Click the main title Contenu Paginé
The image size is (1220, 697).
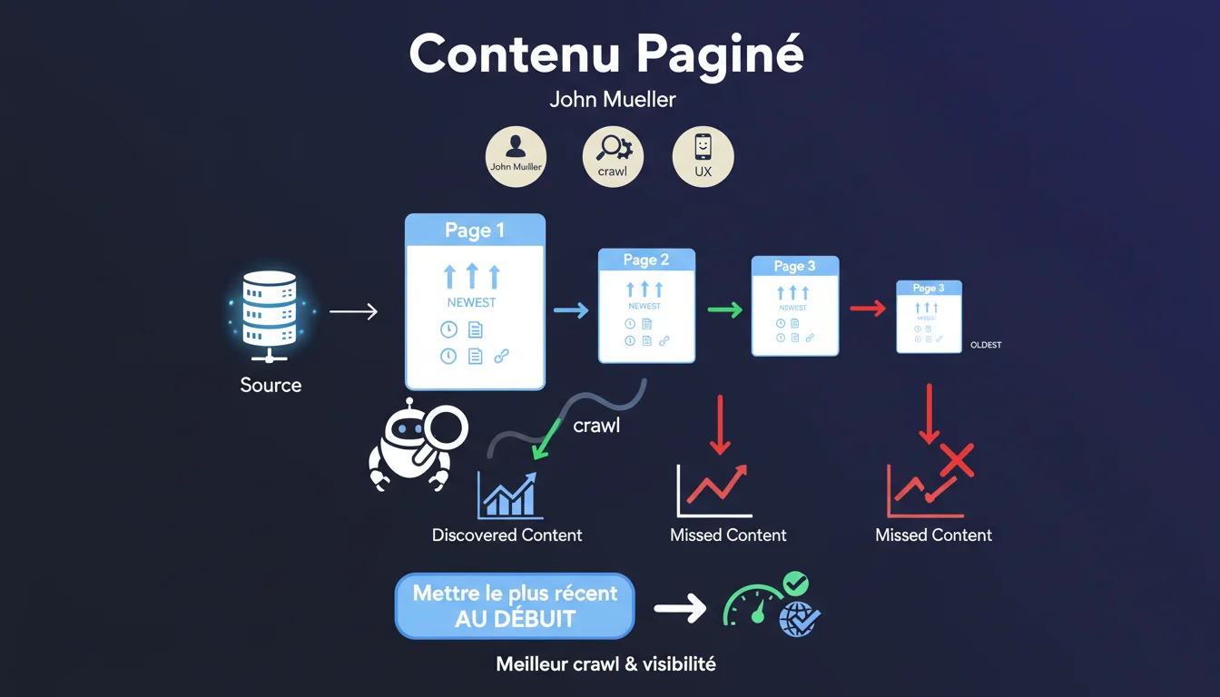[x=606, y=54]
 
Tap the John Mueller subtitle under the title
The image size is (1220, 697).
[x=613, y=99]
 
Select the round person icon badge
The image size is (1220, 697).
[x=516, y=156]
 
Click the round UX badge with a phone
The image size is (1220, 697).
[x=703, y=156]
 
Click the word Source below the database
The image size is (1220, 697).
[x=271, y=385]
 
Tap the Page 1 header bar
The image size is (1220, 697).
[x=474, y=231]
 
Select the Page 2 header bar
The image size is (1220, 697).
[x=646, y=260]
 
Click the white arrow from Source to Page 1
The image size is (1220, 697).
[x=353, y=312]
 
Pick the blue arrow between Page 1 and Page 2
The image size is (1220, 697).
[x=571, y=310]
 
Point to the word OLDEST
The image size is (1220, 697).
[x=986, y=345]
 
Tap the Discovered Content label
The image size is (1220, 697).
[x=507, y=535]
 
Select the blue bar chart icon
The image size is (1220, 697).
[x=509, y=496]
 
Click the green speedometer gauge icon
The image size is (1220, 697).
[x=752, y=605]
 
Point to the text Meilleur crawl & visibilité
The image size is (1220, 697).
[x=605, y=664]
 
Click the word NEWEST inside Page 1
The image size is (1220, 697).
[x=471, y=302]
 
